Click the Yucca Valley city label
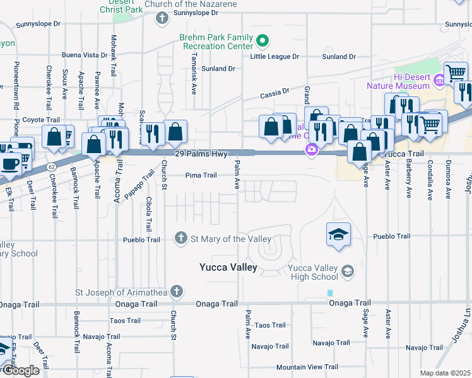pos(228,267)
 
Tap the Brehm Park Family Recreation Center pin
pos(263,42)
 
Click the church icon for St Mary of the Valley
pos(180,238)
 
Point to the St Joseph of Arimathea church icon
pos(177,291)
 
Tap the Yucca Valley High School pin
pos(346,272)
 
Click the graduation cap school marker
pos(338,235)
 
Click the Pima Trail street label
pos(201,176)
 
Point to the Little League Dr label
pos(274,57)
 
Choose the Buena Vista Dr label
pos(86,55)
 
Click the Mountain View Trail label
pos(307,367)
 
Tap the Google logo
pos(20,370)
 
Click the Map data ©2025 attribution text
pos(444,373)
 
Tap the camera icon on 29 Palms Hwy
pos(311,150)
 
